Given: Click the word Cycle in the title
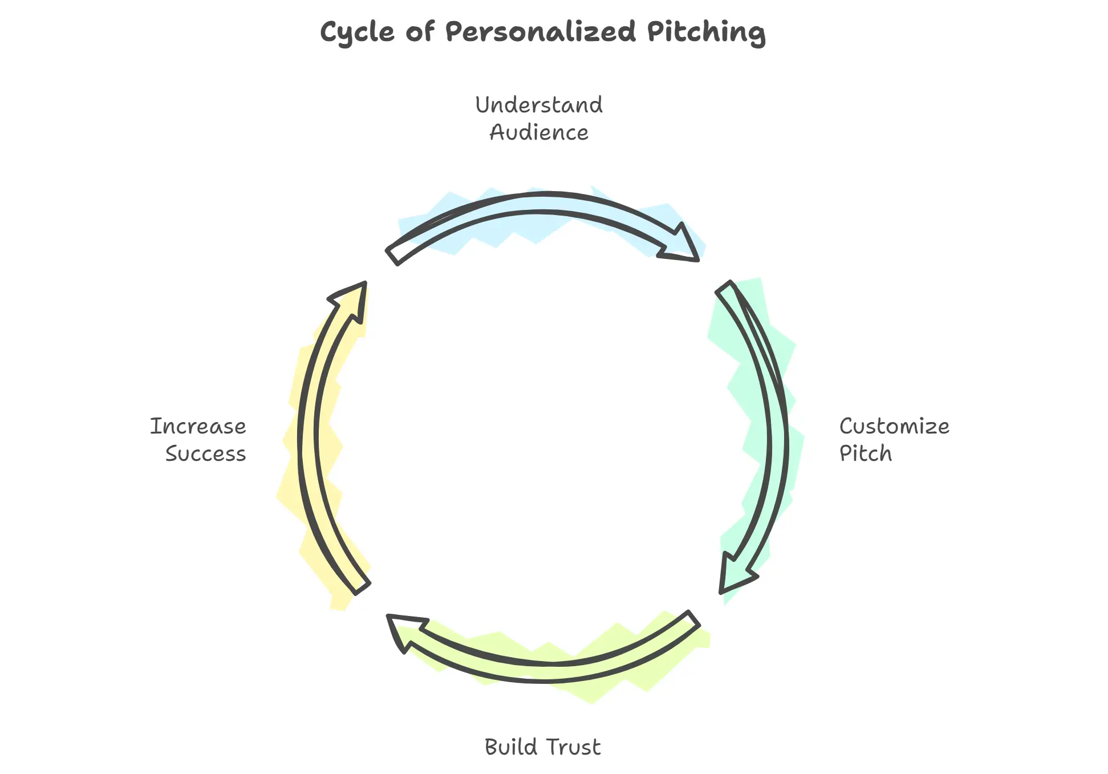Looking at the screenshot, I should (357, 33).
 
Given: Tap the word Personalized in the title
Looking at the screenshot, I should (540, 31).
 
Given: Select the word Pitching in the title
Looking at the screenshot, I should (706, 33).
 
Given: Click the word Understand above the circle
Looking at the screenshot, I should (539, 105).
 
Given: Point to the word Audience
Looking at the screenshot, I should (539, 132).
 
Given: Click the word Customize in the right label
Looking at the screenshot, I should (894, 426).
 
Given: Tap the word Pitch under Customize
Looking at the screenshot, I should (865, 453).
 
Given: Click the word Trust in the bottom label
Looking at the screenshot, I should (573, 747).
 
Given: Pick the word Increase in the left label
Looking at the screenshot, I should (198, 426).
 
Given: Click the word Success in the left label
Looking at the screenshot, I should (205, 453).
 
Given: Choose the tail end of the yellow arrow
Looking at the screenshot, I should (362, 586).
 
